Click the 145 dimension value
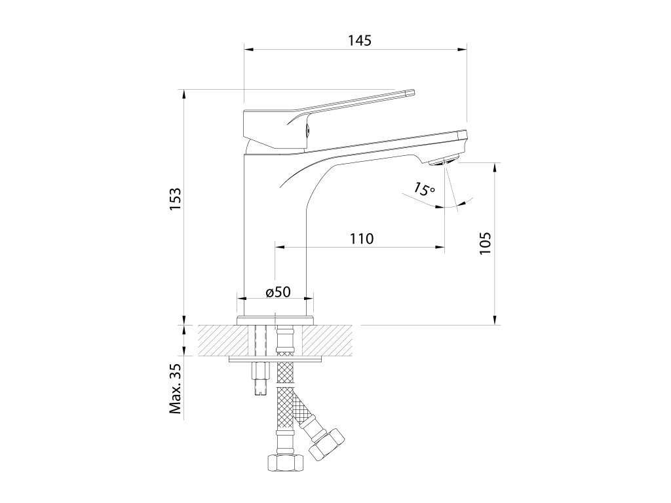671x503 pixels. (x=360, y=40)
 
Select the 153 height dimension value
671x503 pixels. (x=174, y=199)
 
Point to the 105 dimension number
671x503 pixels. (x=486, y=242)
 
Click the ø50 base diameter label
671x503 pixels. (x=278, y=291)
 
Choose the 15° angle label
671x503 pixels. (x=425, y=190)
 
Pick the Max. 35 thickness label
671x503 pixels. (x=174, y=390)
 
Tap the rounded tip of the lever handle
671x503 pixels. (x=411, y=92)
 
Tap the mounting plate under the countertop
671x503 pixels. (x=276, y=360)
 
